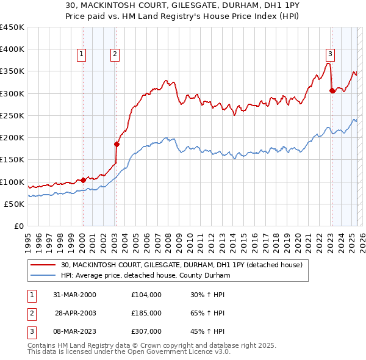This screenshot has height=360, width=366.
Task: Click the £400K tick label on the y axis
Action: pos(12,49)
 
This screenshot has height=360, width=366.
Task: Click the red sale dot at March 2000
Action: pos(83,180)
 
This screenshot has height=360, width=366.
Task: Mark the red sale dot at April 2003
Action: pos(116,145)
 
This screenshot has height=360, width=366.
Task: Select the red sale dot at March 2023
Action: pos(332,91)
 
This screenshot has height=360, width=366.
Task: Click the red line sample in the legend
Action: pos(44,265)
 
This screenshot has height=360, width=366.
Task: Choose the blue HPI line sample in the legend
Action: pos(44,275)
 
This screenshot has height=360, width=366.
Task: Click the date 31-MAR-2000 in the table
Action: pos(76,295)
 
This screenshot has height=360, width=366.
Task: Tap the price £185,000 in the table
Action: pos(146,313)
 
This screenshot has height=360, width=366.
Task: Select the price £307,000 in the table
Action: pos(146,331)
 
